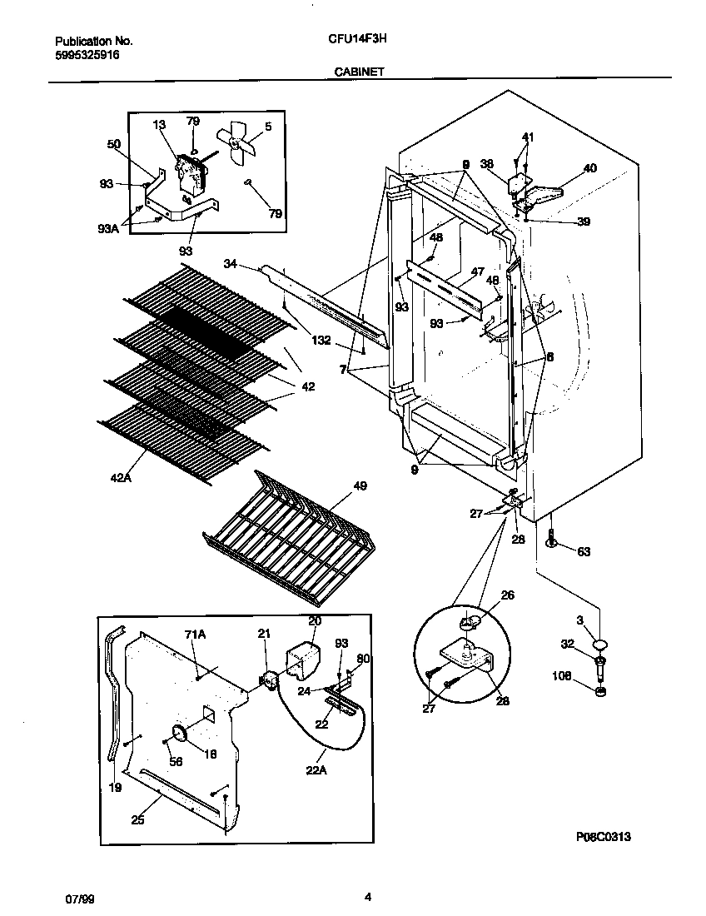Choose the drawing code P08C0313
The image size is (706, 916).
click(609, 839)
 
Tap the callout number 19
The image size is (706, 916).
click(115, 787)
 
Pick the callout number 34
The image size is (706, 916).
click(231, 264)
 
